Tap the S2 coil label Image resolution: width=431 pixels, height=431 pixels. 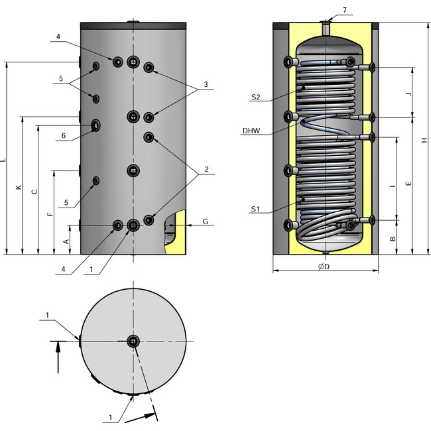click(x=255, y=97)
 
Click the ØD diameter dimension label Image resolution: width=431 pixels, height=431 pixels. click(x=324, y=266)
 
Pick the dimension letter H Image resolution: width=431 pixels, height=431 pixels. click(x=424, y=139)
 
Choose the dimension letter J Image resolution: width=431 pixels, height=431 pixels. click(x=408, y=95)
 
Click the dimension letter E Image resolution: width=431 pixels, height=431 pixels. click(x=408, y=183)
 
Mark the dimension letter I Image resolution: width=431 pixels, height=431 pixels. click(x=393, y=188)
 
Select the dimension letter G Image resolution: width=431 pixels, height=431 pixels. click(x=205, y=221)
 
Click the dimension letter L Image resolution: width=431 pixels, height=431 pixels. click(x=4, y=160)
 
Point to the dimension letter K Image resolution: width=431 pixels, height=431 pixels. click(x=19, y=189)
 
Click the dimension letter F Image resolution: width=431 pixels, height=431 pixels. click(x=50, y=215)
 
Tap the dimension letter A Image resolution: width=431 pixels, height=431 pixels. click(x=66, y=241)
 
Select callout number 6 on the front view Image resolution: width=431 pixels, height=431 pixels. click(x=64, y=136)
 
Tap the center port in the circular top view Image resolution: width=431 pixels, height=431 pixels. click(x=133, y=341)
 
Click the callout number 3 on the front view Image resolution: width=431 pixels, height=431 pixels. click(x=206, y=85)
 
